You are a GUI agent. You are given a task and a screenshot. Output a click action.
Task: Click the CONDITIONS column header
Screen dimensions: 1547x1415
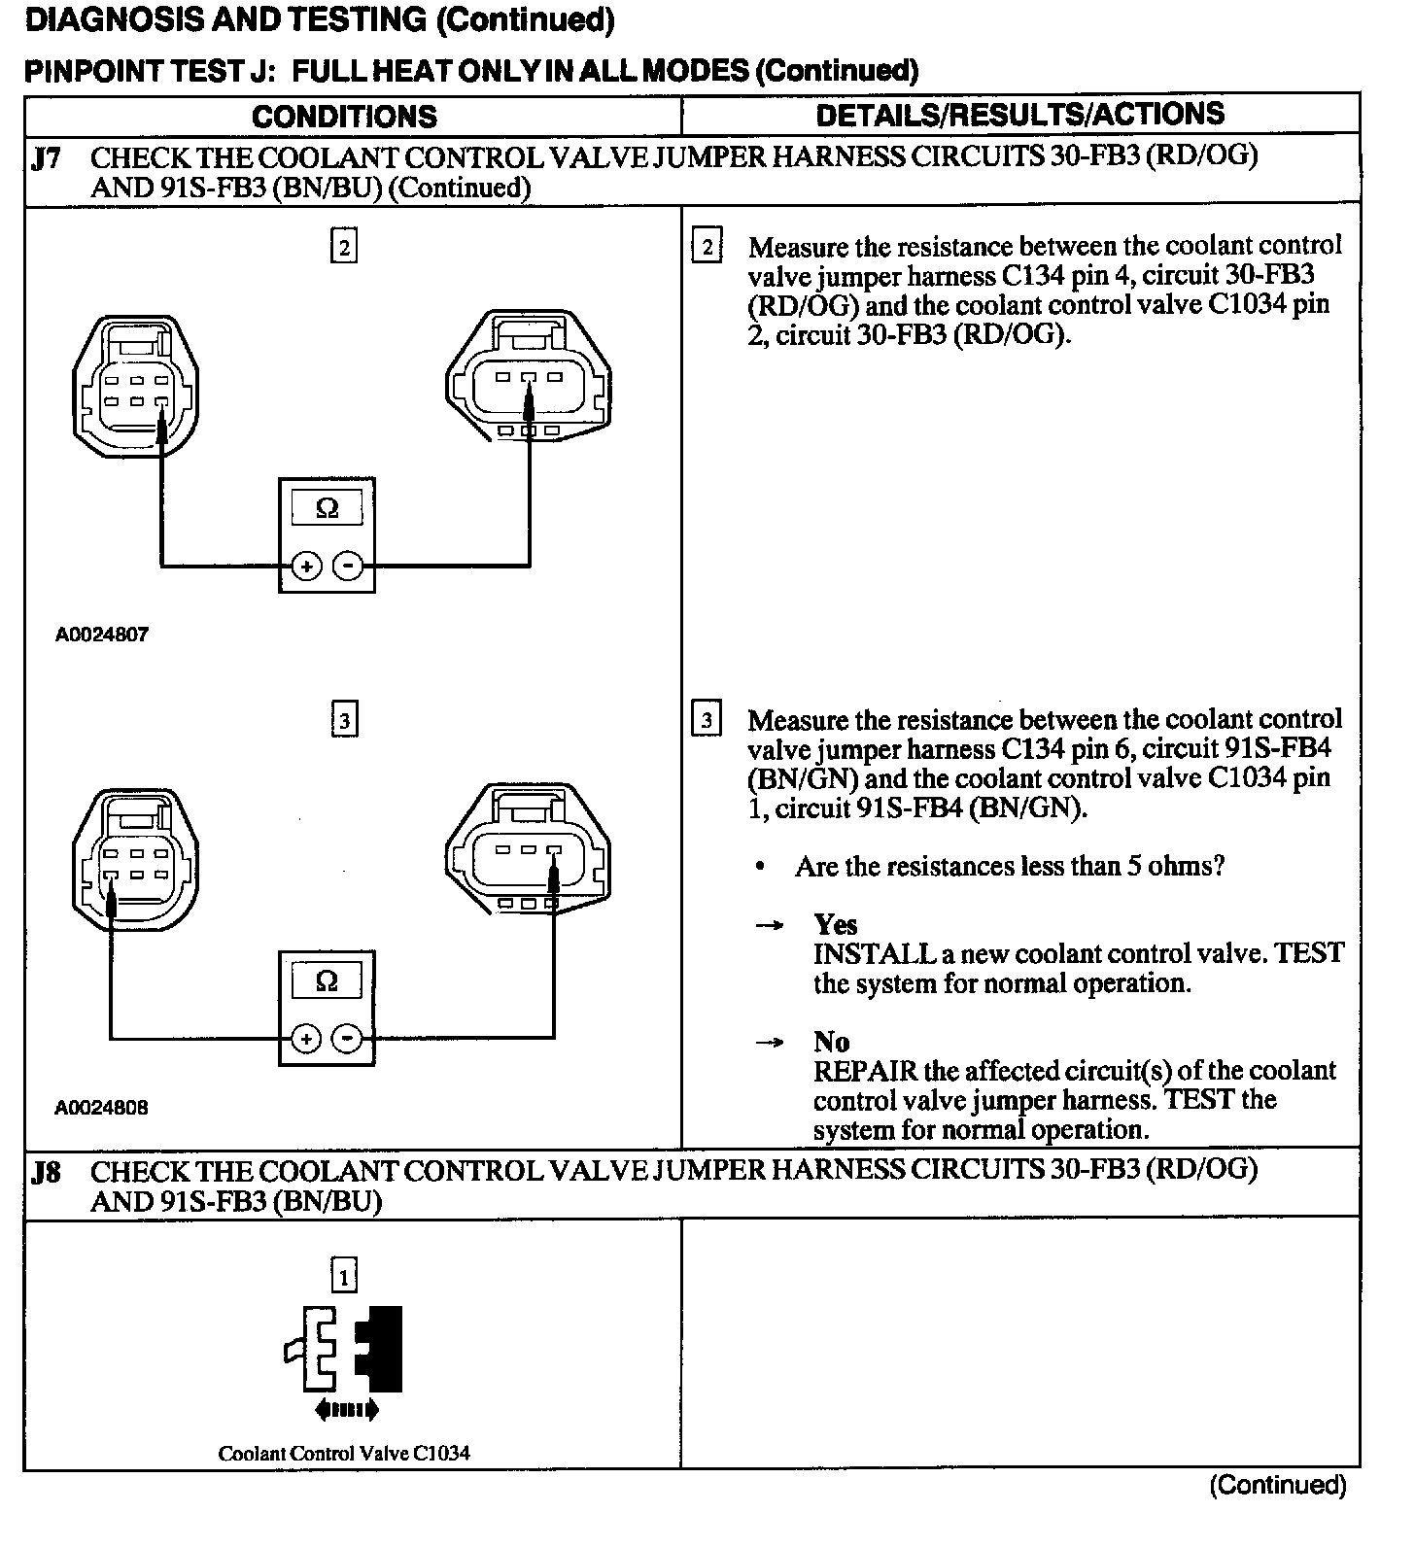pos(344,117)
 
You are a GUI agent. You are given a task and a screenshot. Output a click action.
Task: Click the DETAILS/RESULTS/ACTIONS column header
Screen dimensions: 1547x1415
pos(1019,115)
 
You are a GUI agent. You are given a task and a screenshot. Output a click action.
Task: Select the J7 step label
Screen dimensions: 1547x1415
pos(47,158)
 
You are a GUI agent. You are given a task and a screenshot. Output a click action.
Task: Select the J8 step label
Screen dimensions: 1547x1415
pos(47,1172)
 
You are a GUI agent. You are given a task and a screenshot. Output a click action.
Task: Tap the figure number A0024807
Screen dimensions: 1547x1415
pos(102,635)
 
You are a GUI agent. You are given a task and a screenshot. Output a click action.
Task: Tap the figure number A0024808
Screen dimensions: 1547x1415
pos(102,1107)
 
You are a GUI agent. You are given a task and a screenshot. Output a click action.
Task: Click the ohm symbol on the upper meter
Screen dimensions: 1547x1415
pos(328,508)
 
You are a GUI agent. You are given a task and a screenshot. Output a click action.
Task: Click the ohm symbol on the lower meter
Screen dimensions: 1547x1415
pos(328,981)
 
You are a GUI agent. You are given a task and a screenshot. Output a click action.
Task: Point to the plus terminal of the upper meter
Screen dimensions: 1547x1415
pos(306,566)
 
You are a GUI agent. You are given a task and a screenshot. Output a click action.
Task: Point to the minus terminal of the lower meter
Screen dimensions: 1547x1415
pos(348,1039)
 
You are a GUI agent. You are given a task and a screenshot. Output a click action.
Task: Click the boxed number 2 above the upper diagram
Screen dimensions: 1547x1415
pos(344,247)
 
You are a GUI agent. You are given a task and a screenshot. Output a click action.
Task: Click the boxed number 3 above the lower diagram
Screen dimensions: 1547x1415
pos(344,721)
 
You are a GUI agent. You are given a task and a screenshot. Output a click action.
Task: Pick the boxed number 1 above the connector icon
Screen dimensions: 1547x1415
pos(344,1275)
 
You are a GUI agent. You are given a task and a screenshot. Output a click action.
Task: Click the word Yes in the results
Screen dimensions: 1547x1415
pos(836,924)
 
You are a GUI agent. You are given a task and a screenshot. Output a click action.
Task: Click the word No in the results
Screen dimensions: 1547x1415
pos(832,1042)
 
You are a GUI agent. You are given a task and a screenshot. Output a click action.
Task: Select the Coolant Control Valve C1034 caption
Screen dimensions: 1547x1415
pos(344,1454)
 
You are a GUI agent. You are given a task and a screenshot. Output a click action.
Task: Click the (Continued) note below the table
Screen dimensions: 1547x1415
pos(1278,1485)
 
